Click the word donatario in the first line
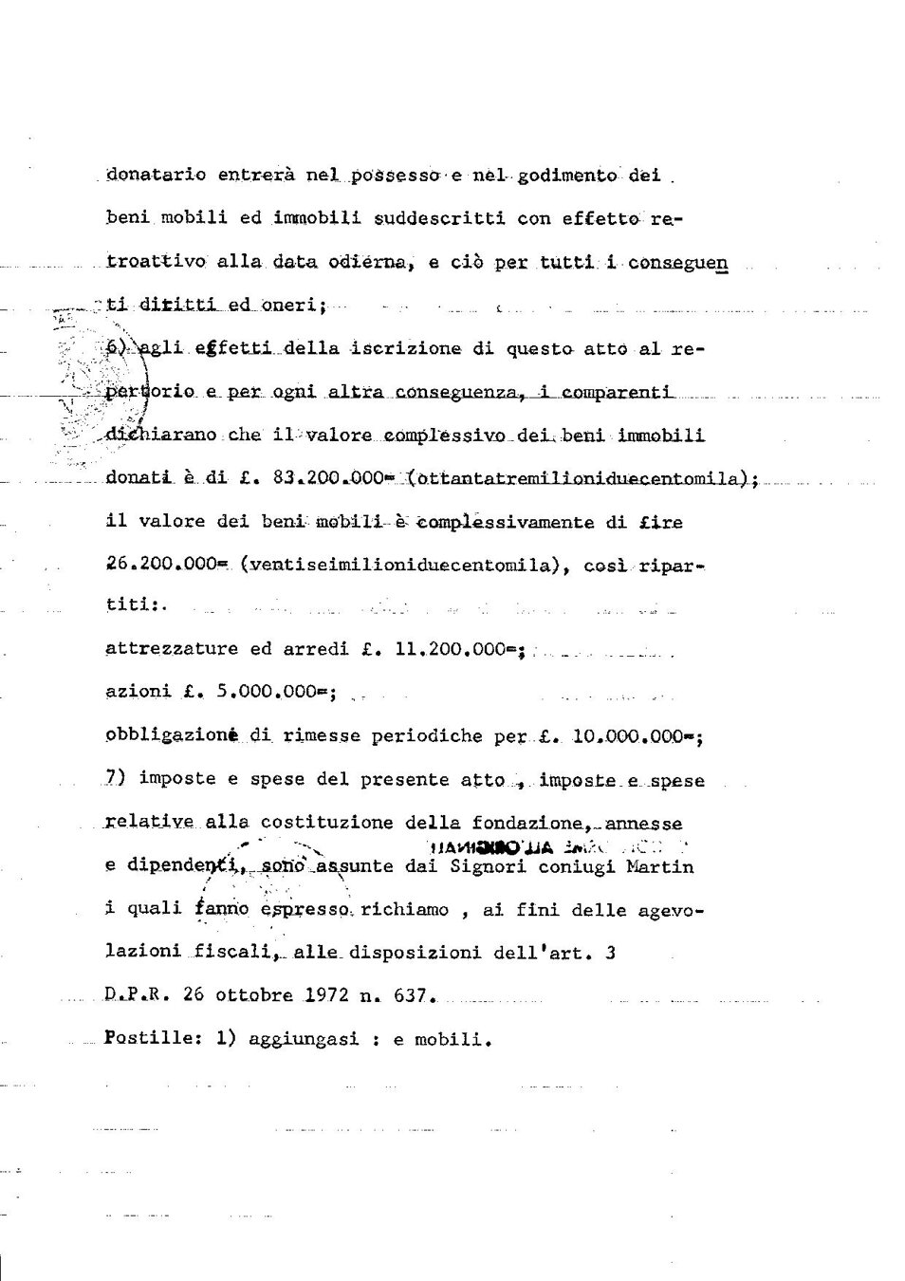(151, 176)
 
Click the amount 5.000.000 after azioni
(270, 693)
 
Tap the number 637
(413, 995)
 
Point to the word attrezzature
(171, 650)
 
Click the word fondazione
(525, 824)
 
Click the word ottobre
(254, 995)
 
